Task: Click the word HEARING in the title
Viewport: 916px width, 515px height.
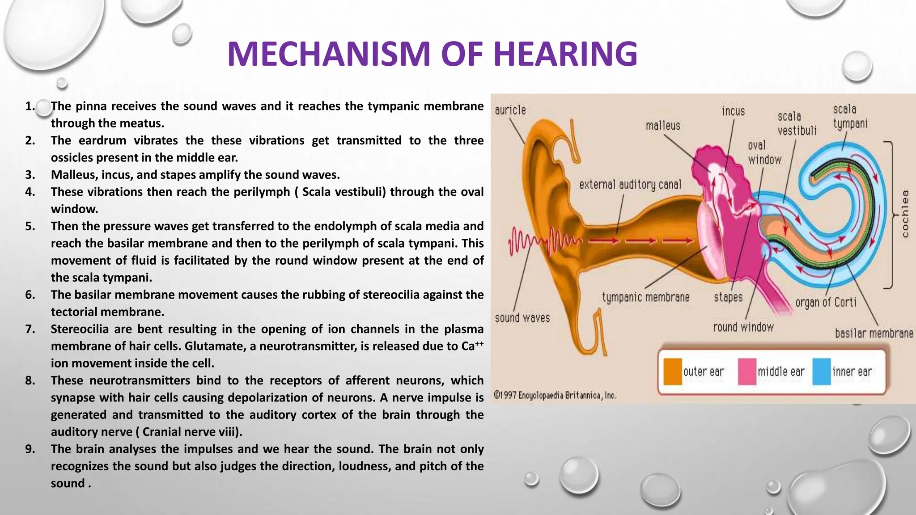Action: tap(565, 54)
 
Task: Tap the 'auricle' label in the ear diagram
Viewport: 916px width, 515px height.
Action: tap(510, 110)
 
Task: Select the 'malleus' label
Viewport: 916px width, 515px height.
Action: tap(663, 126)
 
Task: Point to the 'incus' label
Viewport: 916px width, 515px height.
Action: tap(733, 111)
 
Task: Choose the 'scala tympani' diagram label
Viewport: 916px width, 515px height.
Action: tap(850, 116)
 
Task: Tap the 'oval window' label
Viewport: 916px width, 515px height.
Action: tap(764, 152)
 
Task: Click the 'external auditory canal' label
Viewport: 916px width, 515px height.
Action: tap(630, 184)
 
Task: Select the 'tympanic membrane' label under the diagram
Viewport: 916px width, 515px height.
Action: tap(645, 297)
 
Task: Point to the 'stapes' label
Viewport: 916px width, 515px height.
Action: tap(728, 297)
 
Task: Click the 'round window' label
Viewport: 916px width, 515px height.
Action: tap(743, 327)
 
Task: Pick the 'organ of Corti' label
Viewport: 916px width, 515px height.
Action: tap(826, 303)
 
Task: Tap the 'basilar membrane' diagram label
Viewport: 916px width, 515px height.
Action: tap(874, 333)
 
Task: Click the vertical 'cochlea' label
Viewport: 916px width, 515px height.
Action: tap(905, 214)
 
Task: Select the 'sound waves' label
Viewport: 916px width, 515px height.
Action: tap(522, 318)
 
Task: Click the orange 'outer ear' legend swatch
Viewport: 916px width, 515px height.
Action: tap(672, 371)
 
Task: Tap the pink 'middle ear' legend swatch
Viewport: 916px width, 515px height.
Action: tap(747, 371)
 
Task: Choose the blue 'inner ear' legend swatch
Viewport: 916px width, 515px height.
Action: tap(821, 371)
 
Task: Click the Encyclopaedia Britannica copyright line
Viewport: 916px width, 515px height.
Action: tap(555, 395)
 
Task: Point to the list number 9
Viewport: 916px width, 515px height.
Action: tap(30, 449)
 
